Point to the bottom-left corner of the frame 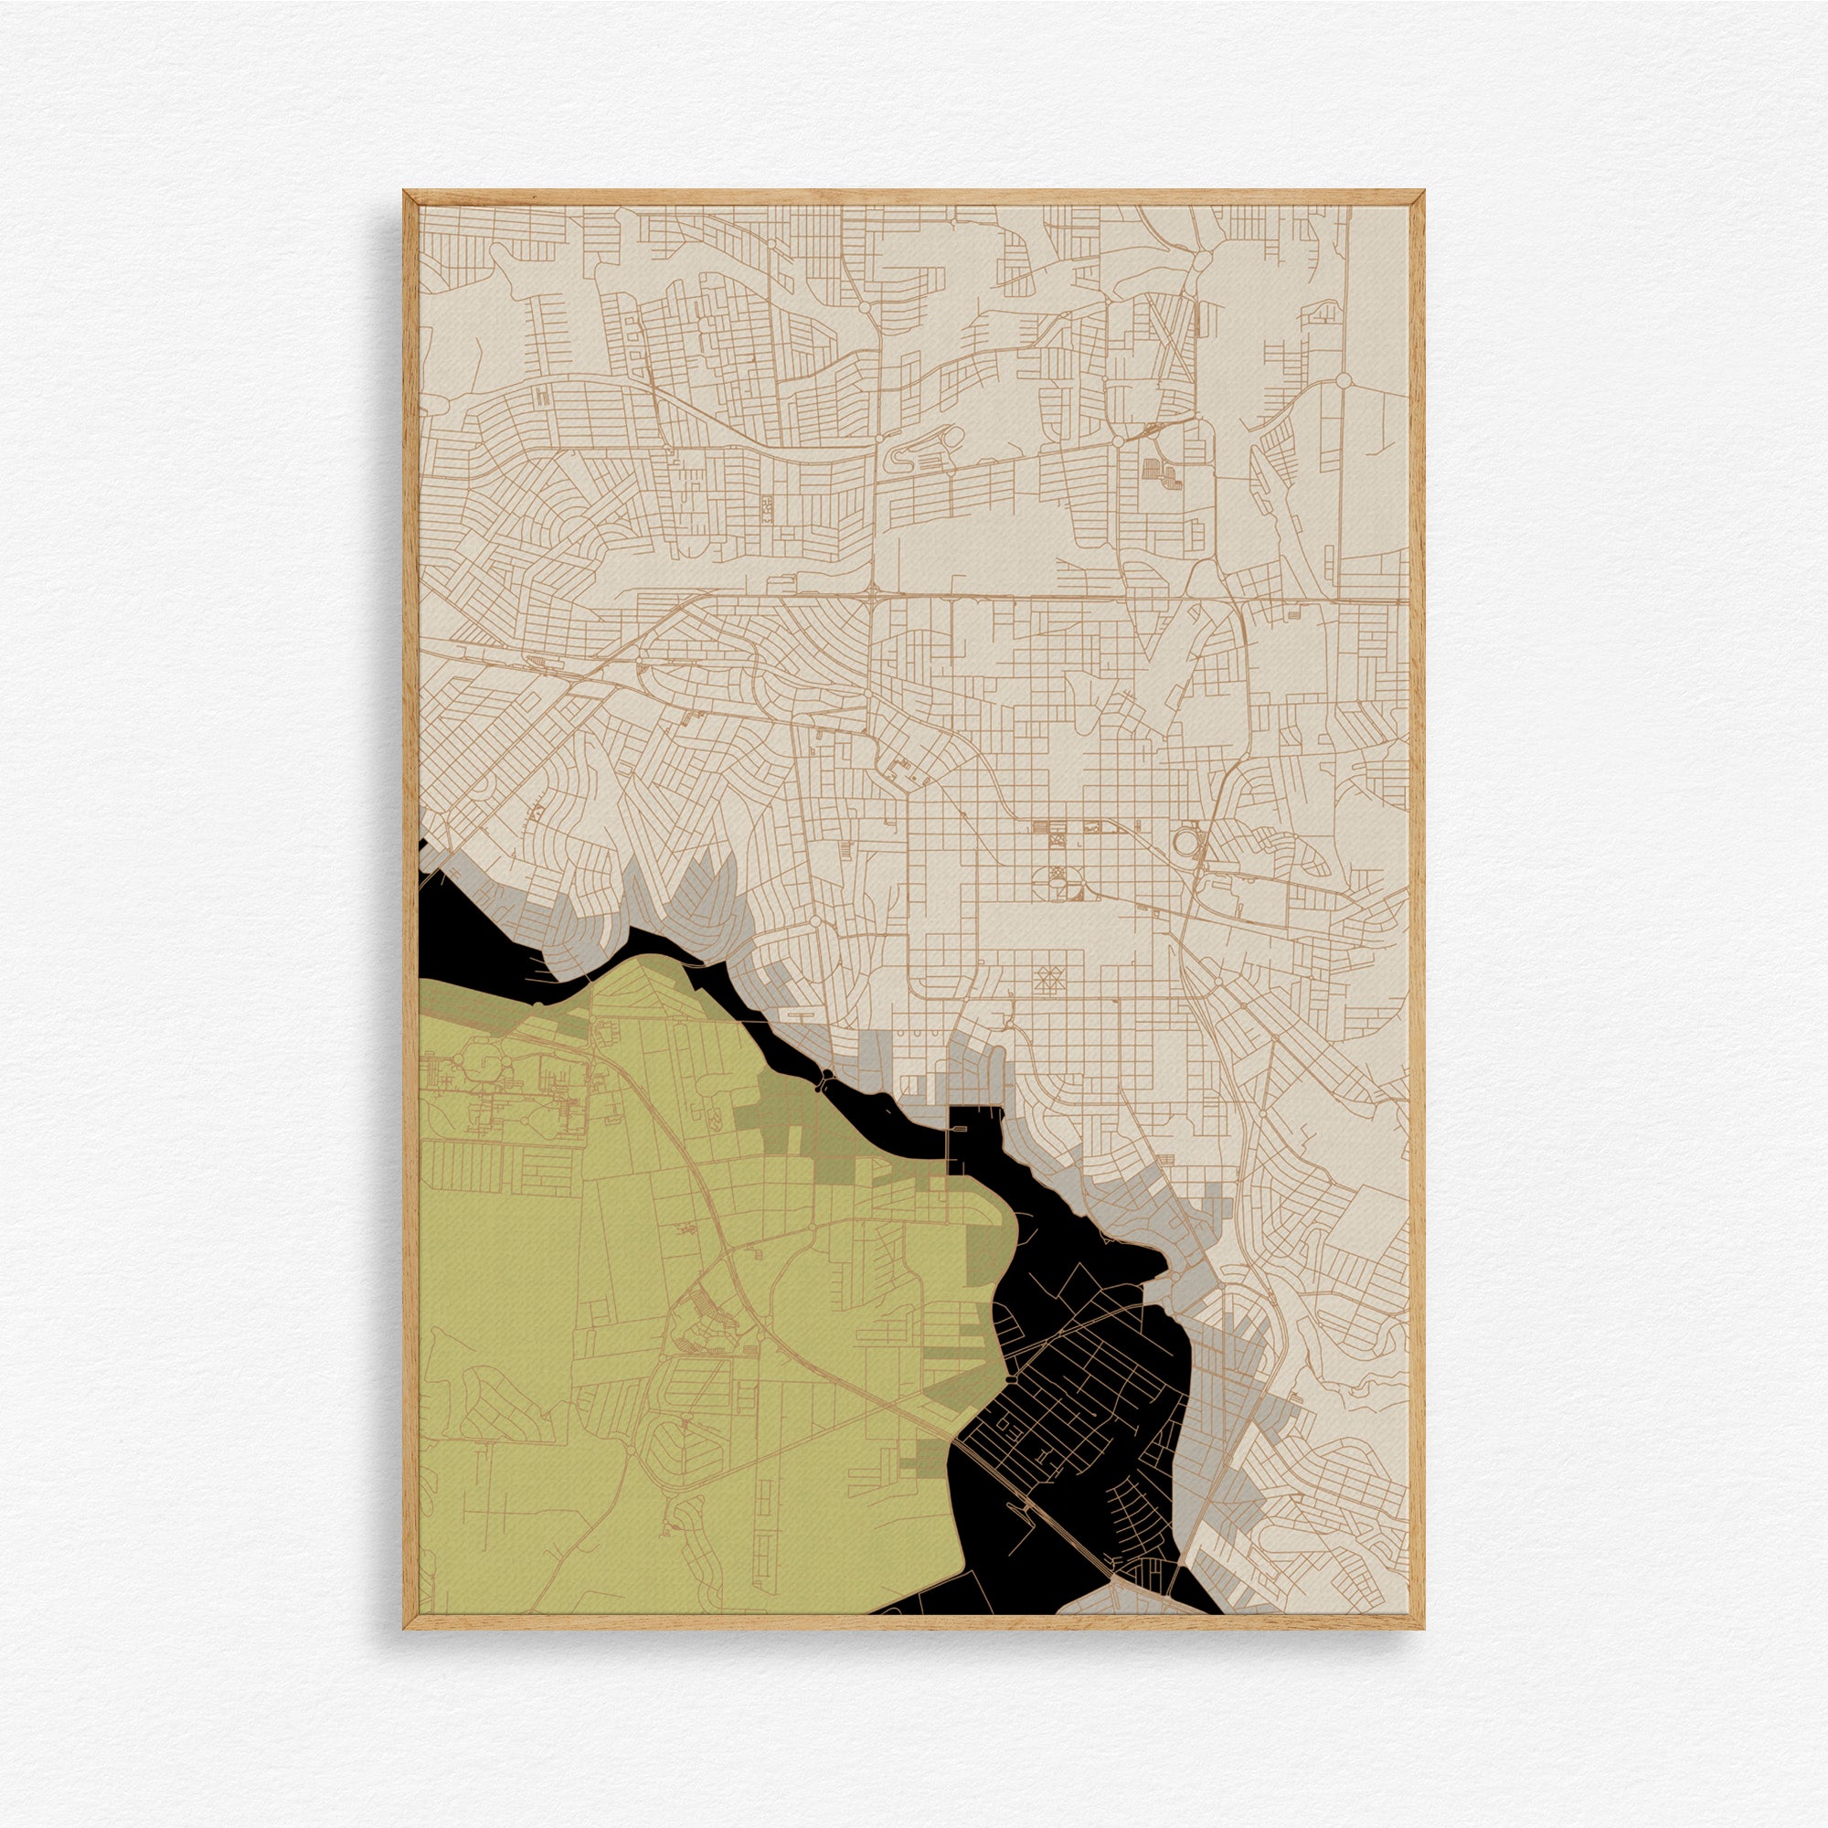click(405, 1629)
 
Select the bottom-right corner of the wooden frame click(1424, 1629)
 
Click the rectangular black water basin click(974, 1135)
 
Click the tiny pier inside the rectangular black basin click(950, 1146)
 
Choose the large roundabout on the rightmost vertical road click(1343, 380)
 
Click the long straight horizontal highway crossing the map click(1041, 596)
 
